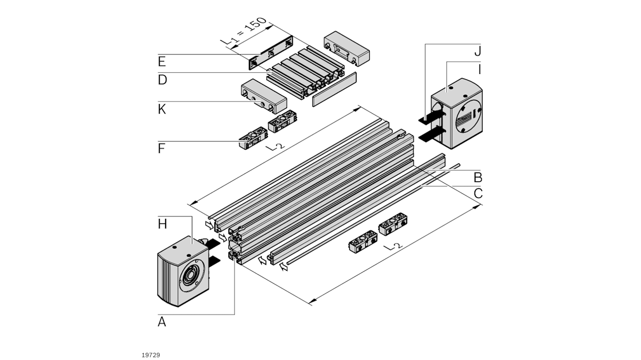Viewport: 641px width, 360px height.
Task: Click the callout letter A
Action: pos(162,322)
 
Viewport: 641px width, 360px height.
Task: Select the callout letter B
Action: pos(478,176)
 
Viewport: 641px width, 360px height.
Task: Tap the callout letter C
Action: pos(478,194)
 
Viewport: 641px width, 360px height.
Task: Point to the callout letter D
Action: pos(163,80)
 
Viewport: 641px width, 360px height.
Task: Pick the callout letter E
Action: pos(162,61)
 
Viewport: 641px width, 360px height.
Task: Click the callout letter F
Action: pos(162,148)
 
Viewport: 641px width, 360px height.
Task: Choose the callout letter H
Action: pos(163,223)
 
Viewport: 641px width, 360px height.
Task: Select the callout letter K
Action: pos(162,109)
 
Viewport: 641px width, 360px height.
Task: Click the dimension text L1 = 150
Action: pos(246,32)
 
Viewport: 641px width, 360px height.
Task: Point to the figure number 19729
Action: pos(151,355)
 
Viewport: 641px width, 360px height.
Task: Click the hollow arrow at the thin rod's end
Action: pos(283,268)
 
